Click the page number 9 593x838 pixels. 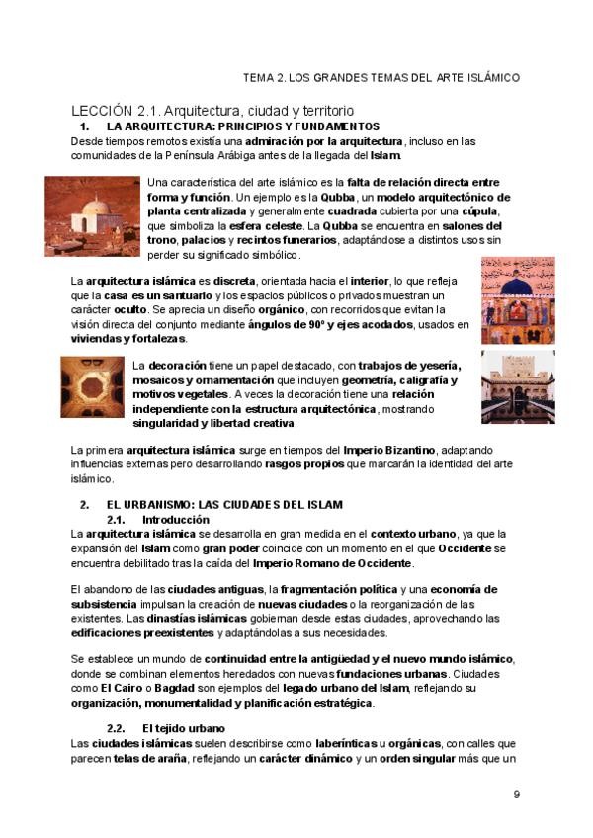[x=516, y=795]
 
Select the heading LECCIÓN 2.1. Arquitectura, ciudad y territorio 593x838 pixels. [x=212, y=111]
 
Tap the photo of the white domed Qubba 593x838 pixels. [x=94, y=214]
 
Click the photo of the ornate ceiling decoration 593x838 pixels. [x=92, y=386]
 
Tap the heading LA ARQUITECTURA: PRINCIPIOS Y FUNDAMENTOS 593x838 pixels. [x=243, y=126]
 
